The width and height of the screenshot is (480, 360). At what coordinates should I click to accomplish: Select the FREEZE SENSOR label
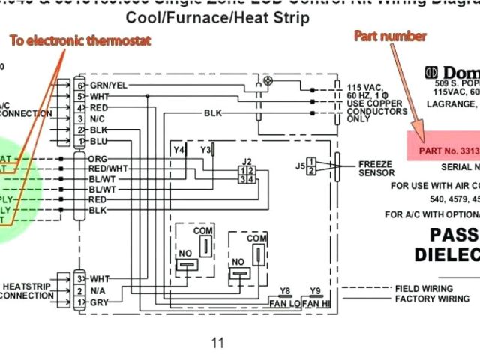point(376,168)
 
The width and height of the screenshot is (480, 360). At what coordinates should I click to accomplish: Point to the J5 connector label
point(300,165)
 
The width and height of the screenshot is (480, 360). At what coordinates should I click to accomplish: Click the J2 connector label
point(247,160)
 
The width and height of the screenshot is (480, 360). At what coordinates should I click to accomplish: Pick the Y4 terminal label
point(179,150)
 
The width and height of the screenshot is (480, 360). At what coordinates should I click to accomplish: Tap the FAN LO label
point(284,303)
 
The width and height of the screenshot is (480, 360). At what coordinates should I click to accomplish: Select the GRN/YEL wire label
point(109,85)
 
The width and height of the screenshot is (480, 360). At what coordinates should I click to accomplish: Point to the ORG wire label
point(97,159)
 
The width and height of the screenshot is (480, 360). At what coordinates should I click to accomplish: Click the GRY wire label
point(99,301)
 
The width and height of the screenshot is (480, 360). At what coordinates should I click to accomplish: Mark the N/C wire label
point(98,118)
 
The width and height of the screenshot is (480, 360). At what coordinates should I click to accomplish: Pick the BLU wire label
point(98,140)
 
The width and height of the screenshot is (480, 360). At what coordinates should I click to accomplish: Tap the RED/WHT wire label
point(108,169)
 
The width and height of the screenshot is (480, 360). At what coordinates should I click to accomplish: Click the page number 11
point(217,343)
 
